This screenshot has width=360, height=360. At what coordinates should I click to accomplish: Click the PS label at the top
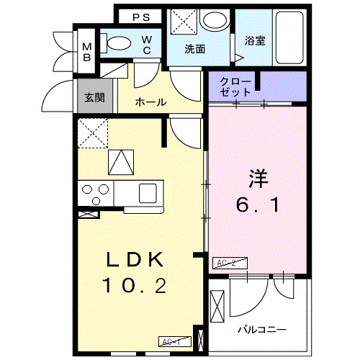click(141, 17)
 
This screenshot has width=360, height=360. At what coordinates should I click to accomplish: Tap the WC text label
click(146, 45)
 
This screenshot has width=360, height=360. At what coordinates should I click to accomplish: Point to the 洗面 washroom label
click(194, 50)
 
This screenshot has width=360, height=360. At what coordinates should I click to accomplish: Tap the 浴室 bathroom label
click(254, 41)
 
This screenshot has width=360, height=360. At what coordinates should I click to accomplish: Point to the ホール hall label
click(150, 102)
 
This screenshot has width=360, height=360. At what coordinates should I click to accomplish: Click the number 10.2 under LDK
click(135, 287)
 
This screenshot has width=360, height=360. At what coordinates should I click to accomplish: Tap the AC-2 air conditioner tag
click(226, 264)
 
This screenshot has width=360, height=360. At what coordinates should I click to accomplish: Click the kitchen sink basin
click(148, 192)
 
